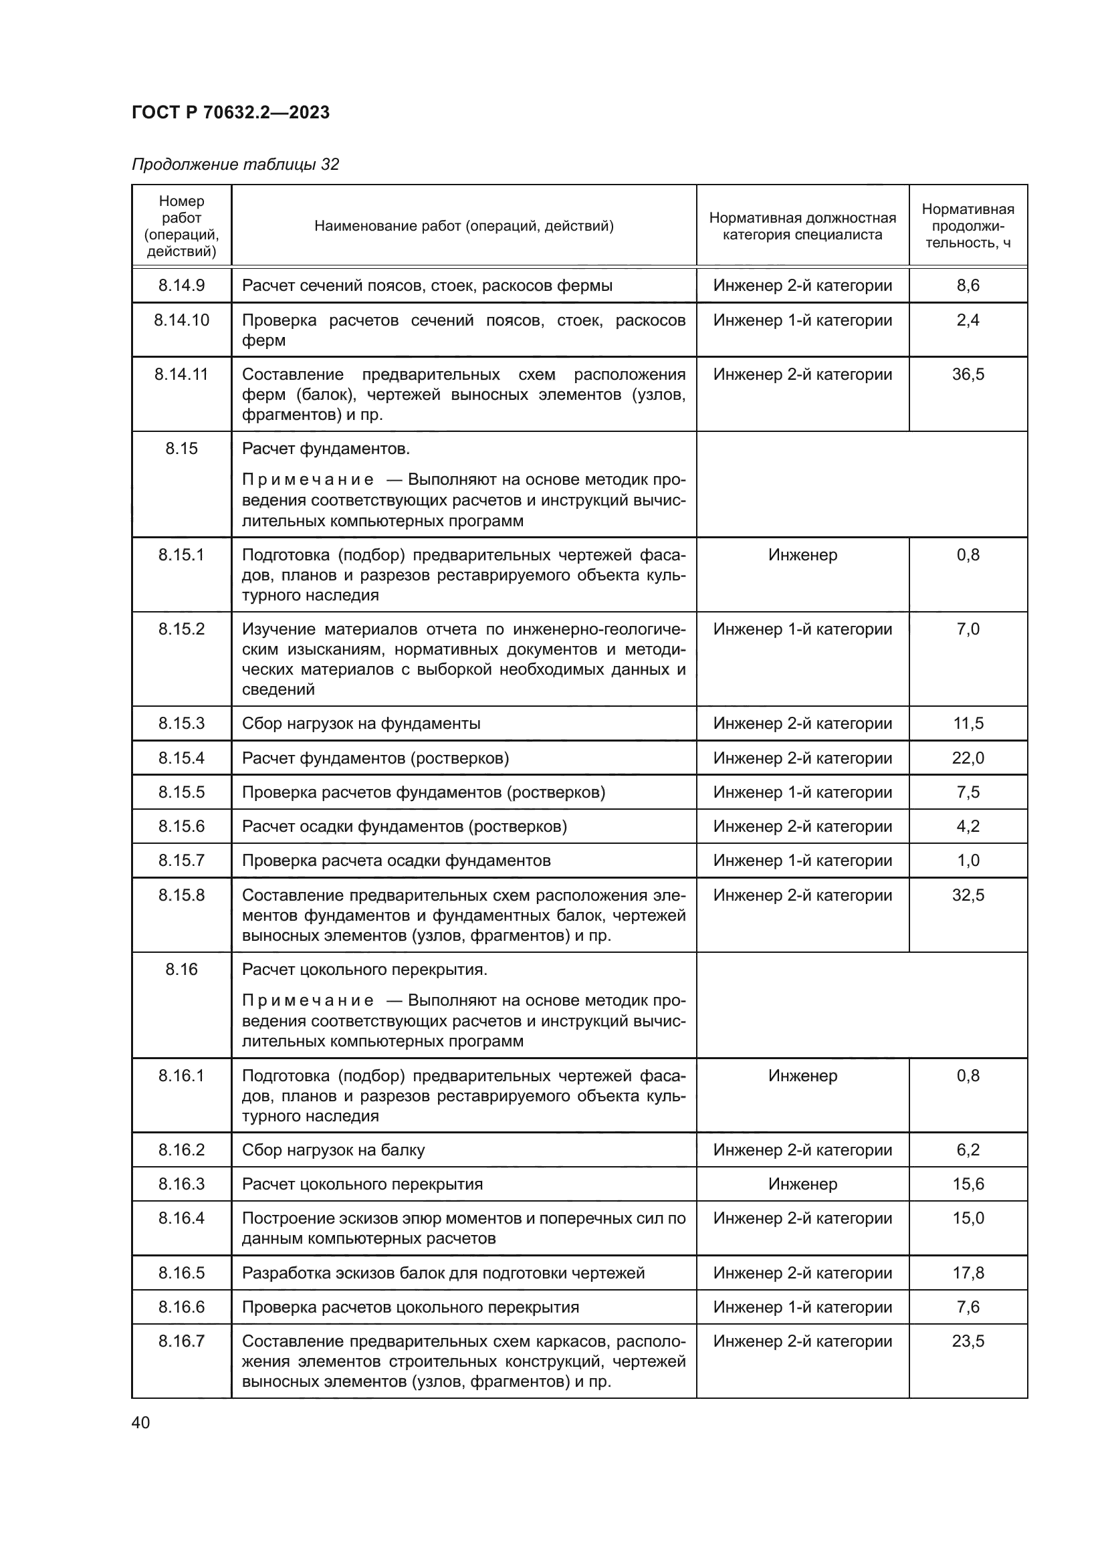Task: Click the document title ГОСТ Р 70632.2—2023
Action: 230,112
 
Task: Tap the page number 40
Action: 141,1422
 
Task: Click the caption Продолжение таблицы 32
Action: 235,164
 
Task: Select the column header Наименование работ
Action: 463,226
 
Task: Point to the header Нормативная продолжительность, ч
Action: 967,226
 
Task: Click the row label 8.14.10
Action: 181,320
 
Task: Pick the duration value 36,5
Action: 968,374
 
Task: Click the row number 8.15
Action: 181,449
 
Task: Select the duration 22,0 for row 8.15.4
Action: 968,758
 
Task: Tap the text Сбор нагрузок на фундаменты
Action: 361,723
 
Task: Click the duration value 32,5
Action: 968,895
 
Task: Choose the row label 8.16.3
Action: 181,1184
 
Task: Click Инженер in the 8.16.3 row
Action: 802,1184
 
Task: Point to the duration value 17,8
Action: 968,1273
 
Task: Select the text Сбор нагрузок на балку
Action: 333,1150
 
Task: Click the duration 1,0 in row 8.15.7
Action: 968,861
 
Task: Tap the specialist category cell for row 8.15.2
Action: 802,629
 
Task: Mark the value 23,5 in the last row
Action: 968,1341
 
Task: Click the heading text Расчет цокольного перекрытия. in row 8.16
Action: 364,970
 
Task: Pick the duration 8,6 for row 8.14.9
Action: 968,286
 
